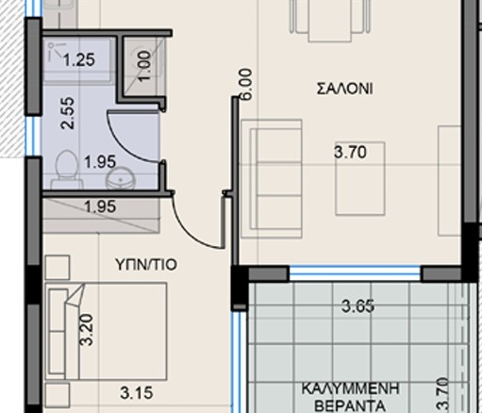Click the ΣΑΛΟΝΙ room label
coord(345,89)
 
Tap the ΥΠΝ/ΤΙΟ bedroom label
coord(146,265)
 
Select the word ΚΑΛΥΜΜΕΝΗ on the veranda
coord(351,388)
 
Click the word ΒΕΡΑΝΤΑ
coord(351,405)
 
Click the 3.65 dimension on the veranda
coord(358,306)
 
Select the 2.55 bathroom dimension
coord(68,113)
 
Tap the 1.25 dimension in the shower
coord(79,59)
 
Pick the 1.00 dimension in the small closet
coord(144,67)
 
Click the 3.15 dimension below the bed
coord(137,393)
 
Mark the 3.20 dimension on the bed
coord(87,330)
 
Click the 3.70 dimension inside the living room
coord(350,152)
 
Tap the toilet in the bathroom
coord(66,171)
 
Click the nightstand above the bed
coord(58,267)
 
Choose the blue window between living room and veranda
coord(355,273)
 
